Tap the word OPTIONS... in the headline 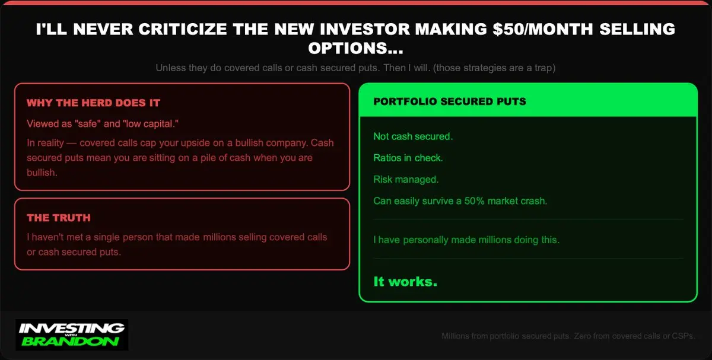355,48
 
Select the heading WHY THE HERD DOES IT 94,103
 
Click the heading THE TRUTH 59,218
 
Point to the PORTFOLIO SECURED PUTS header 450,101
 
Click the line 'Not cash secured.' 413,136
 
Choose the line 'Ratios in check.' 408,158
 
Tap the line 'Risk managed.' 406,180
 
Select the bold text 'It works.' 405,282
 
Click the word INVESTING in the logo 72,328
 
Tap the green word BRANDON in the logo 70,342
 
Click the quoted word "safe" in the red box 86,123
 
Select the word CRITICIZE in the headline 183,29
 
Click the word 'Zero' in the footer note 582,336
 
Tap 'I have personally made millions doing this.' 466,240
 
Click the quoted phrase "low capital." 151,123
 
